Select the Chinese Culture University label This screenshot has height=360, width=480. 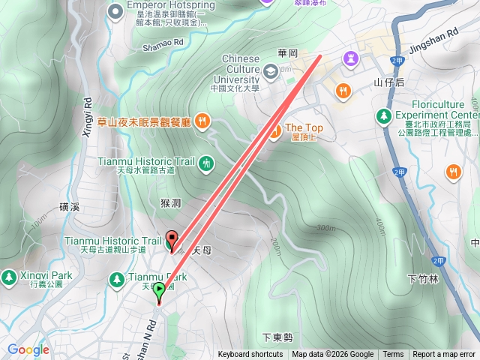pyautogui.click(x=241, y=68)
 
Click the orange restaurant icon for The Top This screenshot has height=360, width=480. pyautogui.click(x=274, y=132)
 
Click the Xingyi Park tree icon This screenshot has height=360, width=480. pyautogui.click(x=9, y=277)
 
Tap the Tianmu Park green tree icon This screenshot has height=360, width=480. pyautogui.click(x=116, y=280)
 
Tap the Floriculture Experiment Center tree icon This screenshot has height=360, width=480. pyautogui.click(x=384, y=116)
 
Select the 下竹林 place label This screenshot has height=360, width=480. pyautogui.click(x=422, y=279)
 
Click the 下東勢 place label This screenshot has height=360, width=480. pyautogui.click(x=278, y=337)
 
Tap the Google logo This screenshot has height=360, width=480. pyautogui.click(x=28, y=349)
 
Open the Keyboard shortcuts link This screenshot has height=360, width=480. pyautogui.click(x=250, y=355)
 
